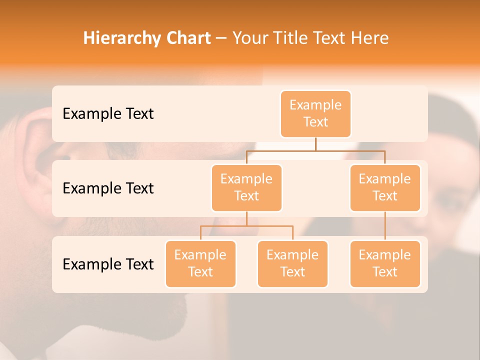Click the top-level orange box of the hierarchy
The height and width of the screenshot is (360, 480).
pyautogui.click(x=315, y=113)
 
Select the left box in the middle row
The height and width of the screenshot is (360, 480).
pyautogui.click(x=246, y=187)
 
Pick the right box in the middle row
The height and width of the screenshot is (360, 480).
pyautogui.click(x=385, y=187)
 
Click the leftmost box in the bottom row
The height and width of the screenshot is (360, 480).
pyautogui.click(x=200, y=263)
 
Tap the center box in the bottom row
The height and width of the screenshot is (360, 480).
pyautogui.click(x=292, y=263)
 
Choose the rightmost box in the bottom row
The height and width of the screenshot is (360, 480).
pyautogui.click(x=385, y=263)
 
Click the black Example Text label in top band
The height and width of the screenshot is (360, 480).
pyautogui.click(x=108, y=113)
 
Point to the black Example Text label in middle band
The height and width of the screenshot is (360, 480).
pyautogui.click(x=108, y=188)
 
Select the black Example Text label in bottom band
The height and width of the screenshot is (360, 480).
pyautogui.click(x=108, y=264)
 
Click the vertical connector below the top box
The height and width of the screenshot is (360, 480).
pyautogui.click(x=315, y=144)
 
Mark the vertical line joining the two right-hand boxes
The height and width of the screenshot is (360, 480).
pyautogui.click(x=385, y=226)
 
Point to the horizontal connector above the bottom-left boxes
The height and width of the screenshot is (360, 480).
pyautogui.click(x=246, y=226)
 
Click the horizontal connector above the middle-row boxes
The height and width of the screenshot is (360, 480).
pyautogui.click(x=315, y=150)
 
